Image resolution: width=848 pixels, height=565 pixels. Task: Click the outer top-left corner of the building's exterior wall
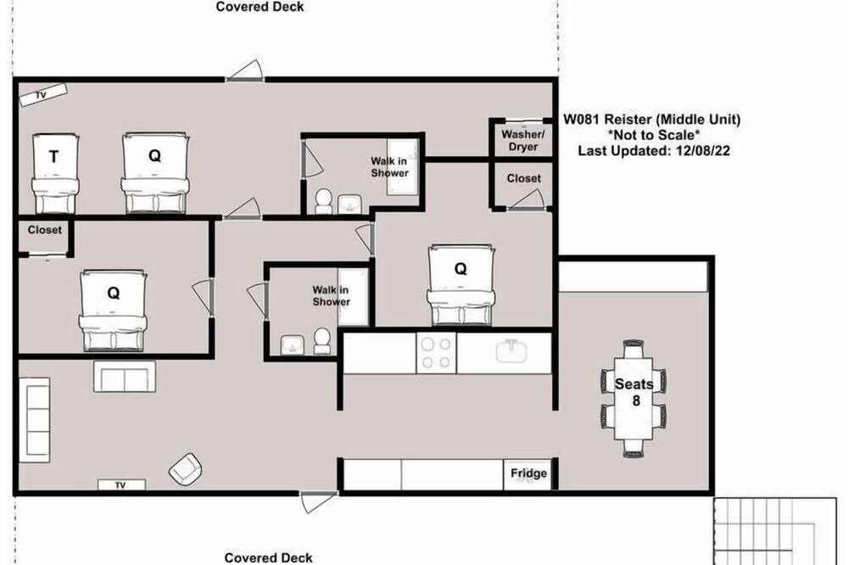pos(13,77)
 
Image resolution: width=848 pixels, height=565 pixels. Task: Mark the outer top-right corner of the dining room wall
pos(714,256)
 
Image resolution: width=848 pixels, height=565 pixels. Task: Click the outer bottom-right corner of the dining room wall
pos(714,495)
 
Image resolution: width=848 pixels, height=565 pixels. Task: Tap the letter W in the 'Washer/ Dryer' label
pos(507,134)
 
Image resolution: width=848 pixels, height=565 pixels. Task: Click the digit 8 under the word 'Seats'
pos(636,400)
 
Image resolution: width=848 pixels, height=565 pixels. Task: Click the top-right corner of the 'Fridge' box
pos(552,460)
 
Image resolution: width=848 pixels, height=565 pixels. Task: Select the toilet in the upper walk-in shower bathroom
pos(323,201)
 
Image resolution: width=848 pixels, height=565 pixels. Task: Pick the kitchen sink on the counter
pos(511,350)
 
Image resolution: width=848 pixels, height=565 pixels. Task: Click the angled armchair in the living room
pos(185,468)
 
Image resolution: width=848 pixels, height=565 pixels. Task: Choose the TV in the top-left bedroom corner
pos(42,95)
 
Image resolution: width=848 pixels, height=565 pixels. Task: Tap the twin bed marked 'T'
pos(55,173)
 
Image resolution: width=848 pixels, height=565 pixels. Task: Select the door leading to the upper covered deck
pos(244,71)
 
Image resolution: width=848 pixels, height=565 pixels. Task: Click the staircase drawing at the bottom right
pos(775,531)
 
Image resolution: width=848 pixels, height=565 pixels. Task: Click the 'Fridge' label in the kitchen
pos(528,473)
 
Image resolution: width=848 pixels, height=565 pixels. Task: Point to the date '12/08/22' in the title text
pos(702,150)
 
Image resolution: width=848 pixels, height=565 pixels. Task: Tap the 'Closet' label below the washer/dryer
pos(523,178)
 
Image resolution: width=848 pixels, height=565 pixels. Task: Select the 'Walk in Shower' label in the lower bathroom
pos(331,296)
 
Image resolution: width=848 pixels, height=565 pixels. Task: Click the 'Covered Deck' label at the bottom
pos(268,557)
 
